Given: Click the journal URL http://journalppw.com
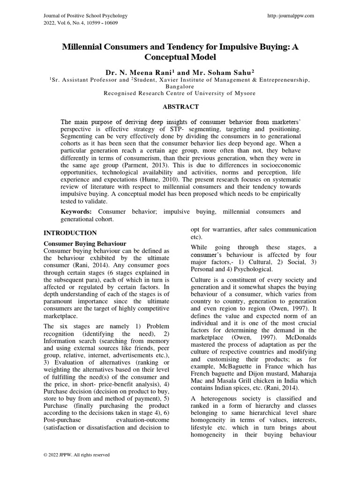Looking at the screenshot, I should point(291,15).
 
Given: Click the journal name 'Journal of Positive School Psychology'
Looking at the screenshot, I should point(86,15).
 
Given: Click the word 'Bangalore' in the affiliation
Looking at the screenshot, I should point(180,87).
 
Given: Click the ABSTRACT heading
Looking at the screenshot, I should point(180,107).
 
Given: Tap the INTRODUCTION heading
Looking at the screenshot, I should point(70,233).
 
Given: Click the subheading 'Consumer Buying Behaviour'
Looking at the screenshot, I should point(85,244).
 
